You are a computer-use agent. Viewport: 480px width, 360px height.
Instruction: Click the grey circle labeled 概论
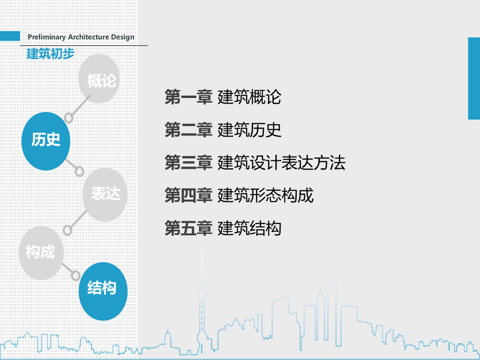98,79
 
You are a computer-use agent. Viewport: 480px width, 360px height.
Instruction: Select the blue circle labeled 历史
45,141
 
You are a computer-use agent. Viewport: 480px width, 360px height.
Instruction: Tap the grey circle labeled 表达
105,195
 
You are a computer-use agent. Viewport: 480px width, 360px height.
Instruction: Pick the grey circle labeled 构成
41,253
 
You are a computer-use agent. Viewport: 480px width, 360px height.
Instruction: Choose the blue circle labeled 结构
103,291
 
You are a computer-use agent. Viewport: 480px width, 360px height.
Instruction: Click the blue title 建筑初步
51,53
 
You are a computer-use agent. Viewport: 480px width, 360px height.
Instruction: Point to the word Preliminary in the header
47,37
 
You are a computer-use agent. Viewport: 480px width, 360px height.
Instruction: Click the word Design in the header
122,37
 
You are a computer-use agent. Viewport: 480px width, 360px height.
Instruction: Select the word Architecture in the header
89,37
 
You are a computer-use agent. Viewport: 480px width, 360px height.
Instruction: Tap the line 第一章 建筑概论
223,97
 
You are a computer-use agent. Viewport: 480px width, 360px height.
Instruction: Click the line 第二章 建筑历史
223,130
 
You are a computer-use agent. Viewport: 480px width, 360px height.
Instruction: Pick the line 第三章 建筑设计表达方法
255,163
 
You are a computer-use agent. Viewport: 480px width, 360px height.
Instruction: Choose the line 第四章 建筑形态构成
239,195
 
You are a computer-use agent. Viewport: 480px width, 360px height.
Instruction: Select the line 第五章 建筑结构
223,228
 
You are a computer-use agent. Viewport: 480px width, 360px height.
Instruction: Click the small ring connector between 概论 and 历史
69,118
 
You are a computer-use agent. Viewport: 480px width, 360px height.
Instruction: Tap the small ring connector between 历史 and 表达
79,171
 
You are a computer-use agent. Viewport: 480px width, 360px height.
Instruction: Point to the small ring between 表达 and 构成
67,230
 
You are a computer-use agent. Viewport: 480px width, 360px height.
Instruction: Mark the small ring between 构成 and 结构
75,275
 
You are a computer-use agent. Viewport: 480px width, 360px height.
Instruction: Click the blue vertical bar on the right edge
474,78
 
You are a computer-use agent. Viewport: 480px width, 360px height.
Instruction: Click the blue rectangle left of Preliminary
10,36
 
